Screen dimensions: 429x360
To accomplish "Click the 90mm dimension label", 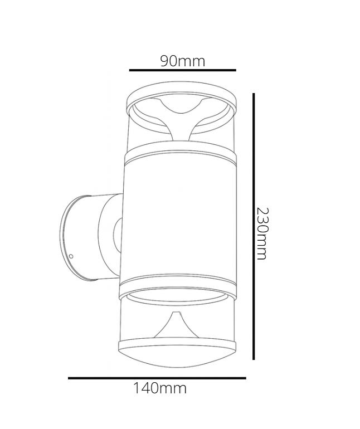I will click(183, 61).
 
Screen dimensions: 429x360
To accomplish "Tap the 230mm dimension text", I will click(262, 233).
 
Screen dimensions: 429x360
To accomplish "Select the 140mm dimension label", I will click(160, 388).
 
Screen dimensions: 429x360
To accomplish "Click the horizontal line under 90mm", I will click(183, 70).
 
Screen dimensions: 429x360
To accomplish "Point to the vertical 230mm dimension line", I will click(254, 226).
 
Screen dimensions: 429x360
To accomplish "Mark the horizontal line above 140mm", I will click(157, 378).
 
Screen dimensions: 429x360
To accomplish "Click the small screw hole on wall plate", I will click(71, 256).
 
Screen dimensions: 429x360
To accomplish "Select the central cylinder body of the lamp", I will click(177, 217).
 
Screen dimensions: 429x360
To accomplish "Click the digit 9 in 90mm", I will click(166, 61).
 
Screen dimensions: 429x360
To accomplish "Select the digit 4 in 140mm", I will click(146, 388).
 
